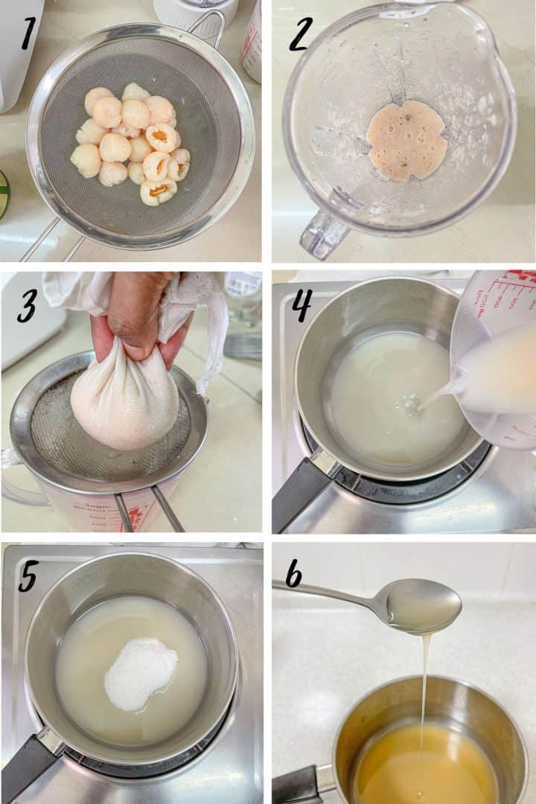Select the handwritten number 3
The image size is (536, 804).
pos(28,304)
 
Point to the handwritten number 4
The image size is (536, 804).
pos(301,304)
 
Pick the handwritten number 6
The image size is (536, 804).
pos(294,574)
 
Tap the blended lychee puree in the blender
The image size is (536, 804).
pos(406,141)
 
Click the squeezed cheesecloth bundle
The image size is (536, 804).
pos(124,402)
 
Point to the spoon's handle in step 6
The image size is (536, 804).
pos(328,593)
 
